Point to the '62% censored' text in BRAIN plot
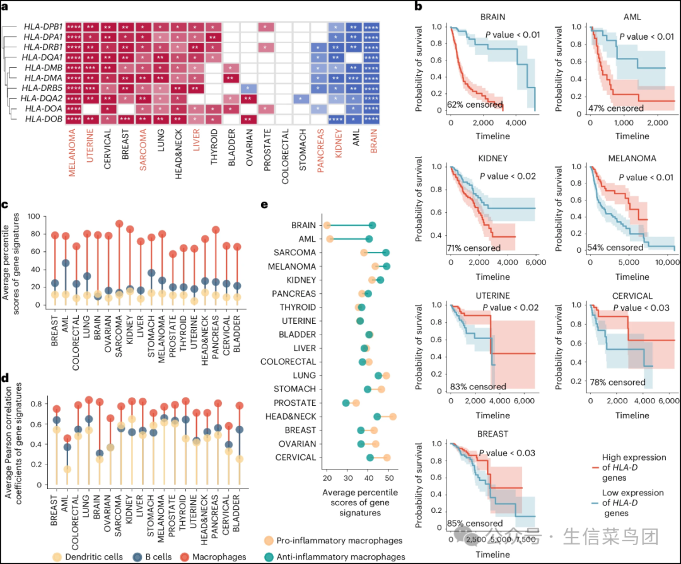coord(475,105)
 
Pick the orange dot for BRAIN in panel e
coord(327,225)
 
